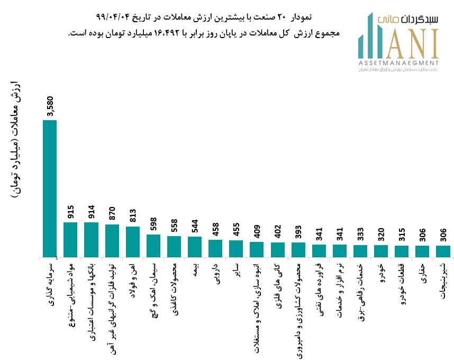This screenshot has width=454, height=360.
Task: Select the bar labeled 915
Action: point(70,239)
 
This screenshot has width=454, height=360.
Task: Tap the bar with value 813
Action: point(133,241)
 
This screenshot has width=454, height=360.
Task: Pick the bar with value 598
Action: point(153,246)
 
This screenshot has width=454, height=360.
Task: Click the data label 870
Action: point(112,212)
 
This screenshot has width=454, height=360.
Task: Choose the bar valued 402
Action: point(277,250)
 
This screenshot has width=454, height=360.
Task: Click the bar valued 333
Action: point(360,251)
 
